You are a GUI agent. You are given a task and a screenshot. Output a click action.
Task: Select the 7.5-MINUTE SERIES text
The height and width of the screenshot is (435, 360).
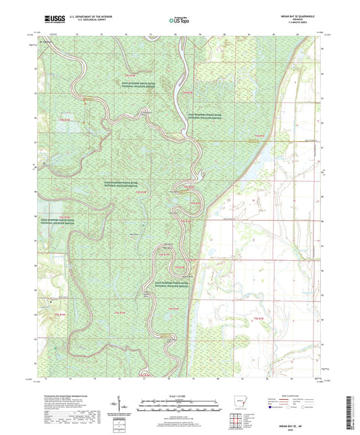coord(300,23)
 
